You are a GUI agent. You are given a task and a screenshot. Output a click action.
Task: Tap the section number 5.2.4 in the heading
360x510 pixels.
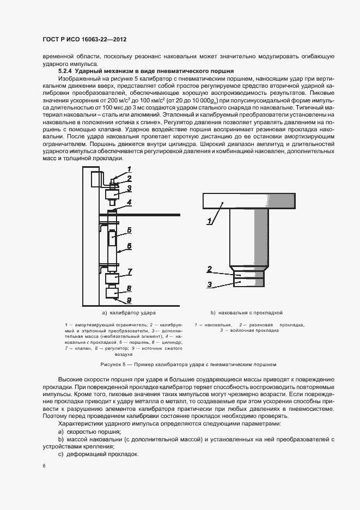(x=65, y=71)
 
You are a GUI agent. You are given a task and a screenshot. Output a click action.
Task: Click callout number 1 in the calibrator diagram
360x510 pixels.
(x=130, y=169)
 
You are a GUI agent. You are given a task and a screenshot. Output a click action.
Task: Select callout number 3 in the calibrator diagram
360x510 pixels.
(x=130, y=188)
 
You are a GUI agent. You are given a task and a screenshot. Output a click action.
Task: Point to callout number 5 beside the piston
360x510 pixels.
(x=129, y=230)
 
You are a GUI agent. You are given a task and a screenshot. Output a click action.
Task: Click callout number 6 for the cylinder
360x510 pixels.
(x=130, y=246)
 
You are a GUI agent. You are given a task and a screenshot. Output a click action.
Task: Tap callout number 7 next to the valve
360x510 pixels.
(x=130, y=271)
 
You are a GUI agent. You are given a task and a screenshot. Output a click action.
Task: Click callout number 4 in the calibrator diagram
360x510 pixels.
(x=130, y=202)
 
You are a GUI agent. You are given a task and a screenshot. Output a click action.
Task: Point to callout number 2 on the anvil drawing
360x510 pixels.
(x=209, y=269)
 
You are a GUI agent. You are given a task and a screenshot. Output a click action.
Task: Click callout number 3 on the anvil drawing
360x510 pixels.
(x=209, y=284)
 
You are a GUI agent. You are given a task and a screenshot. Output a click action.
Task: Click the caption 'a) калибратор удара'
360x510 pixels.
(x=129, y=313)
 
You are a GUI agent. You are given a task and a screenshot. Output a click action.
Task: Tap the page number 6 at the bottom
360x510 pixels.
(x=43, y=466)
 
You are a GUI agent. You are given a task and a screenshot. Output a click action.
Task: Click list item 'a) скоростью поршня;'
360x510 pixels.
(x=83, y=431)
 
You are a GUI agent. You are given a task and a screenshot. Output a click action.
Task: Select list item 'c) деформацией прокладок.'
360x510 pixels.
(x=90, y=454)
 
